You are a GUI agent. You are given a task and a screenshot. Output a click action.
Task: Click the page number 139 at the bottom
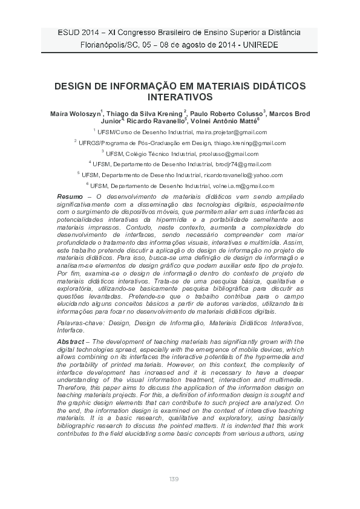174,479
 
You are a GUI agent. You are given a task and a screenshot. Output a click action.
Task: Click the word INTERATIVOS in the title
180,96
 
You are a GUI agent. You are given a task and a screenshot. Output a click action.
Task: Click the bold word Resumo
70,197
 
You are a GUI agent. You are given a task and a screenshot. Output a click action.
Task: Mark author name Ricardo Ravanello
159,120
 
